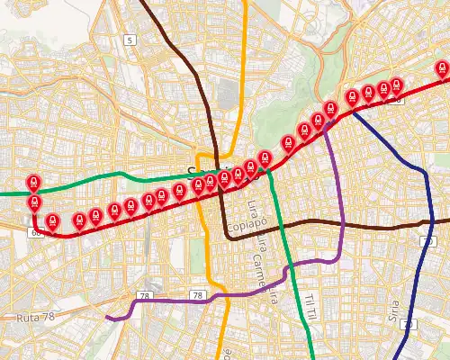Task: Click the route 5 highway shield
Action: coord(130,40)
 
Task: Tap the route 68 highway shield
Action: coord(36,233)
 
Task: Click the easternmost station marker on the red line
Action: coord(442,70)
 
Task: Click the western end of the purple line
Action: coord(106,317)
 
